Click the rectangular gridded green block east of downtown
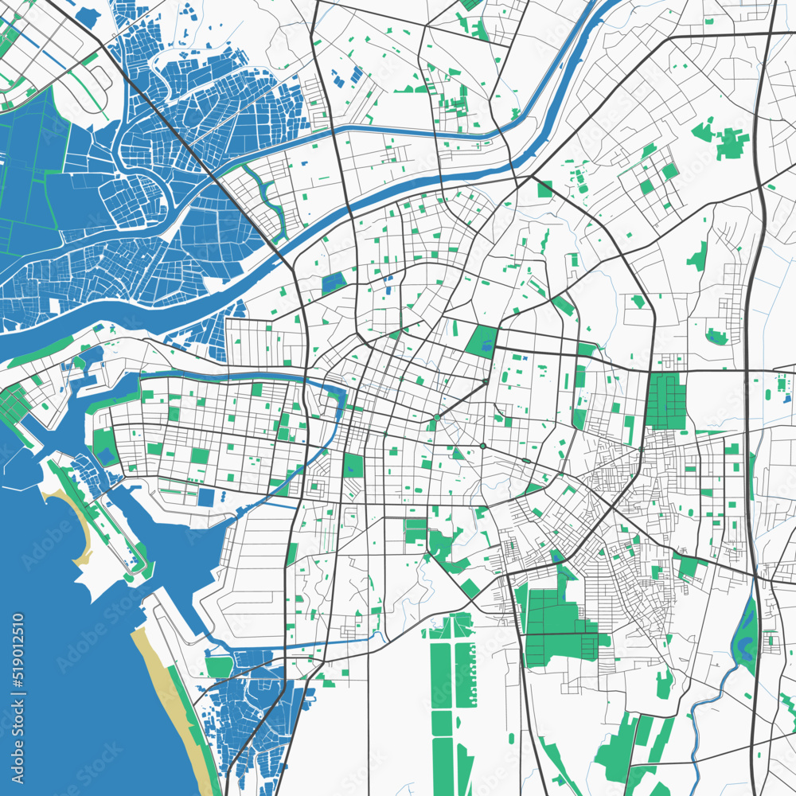[x=665, y=401]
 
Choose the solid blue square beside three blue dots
[x=206, y=497]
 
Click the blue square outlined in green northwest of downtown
[x=334, y=282]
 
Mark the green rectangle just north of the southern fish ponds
[x=218, y=665]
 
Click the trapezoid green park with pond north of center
[x=482, y=341]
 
